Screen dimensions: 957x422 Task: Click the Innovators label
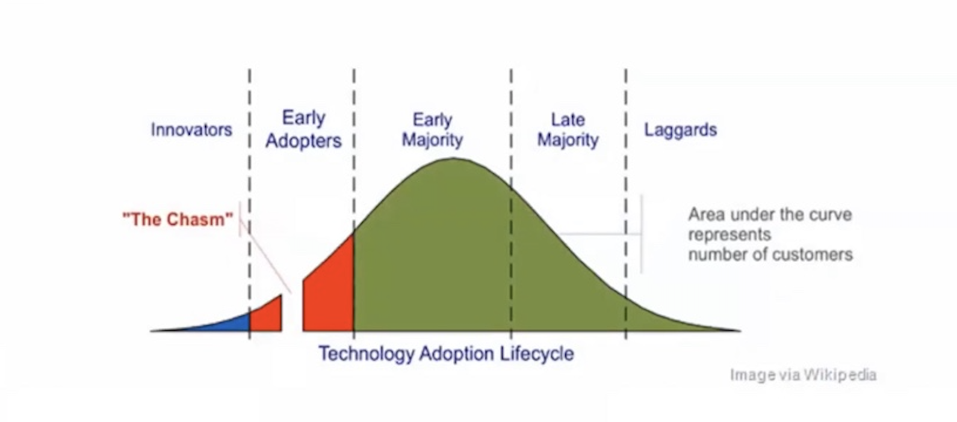click(x=191, y=130)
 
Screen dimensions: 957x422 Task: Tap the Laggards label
click(x=680, y=130)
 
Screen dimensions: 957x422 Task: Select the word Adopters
click(x=303, y=141)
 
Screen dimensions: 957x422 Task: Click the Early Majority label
click(x=432, y=130)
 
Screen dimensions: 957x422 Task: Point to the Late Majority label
click(x=568, y=130)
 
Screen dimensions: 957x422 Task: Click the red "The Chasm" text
click(x=178, y=219)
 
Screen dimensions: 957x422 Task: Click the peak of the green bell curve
click(x=453, y=159)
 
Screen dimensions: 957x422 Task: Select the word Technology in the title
click(x=367, y=354)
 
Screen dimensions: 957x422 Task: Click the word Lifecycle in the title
click(x=537, y=354)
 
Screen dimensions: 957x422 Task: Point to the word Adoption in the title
click(x=457, y=354)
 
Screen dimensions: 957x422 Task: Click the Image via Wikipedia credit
click(x=803, y=375)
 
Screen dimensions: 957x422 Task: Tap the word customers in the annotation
click(x=811, y=255)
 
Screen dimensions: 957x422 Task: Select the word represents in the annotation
click(x=729, y=234)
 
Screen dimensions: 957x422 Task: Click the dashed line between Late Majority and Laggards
click(x=626, y=204)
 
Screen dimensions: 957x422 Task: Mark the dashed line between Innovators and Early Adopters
click(x=250, y=204)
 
